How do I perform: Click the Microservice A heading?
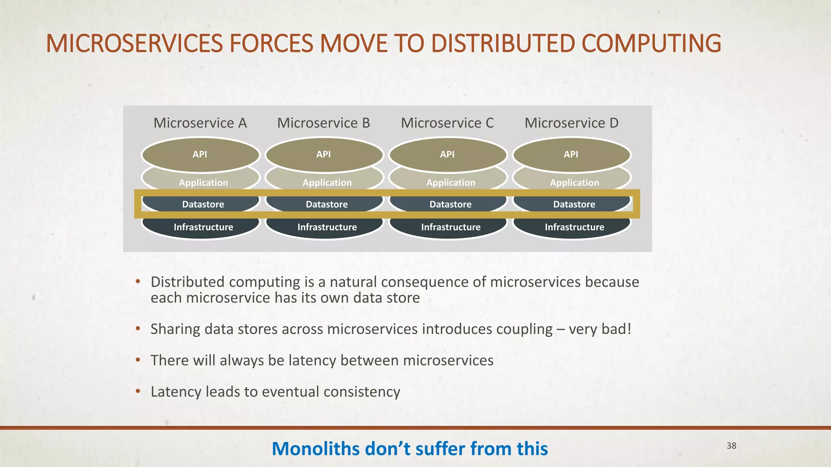click(x=200, y=123)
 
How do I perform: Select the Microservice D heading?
click(x=571, y=123)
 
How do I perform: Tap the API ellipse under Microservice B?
click(x=324, y=154)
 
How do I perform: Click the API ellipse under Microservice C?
click(x=447, y=154)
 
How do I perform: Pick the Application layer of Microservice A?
click(x=203, y=182)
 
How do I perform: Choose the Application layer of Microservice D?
click(x=574, y=182)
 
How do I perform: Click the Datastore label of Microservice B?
click(x=327, y=204)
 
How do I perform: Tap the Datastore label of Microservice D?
click(x=574, y=204)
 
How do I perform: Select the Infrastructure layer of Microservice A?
click(x=203, y=227)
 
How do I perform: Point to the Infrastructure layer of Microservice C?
click(x=451, y=227)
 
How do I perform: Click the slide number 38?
click(x=731, y=446)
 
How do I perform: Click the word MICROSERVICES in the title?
click(x=134, y=44)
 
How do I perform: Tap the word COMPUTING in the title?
click(x=651, y=44)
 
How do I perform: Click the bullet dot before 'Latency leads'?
click(x=138, y=391)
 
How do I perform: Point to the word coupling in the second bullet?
click(x=525, y=329)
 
